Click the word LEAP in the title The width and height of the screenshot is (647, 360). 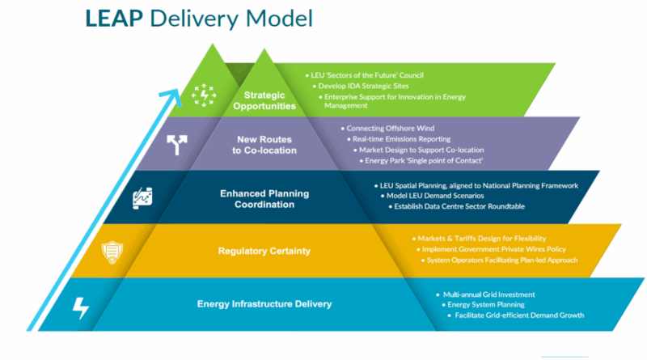click(x=117, y=17)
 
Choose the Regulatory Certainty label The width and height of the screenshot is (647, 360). click(x=264, y=251)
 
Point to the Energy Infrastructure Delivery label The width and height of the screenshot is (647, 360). click(x=264, y=304)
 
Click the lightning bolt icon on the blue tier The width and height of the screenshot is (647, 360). click(x=81, y=307)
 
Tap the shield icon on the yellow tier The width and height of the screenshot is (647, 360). click(x=111, y=252)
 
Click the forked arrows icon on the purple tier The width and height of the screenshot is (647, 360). click(x=175, y=146)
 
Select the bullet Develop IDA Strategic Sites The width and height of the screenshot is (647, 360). click(x=362, y=85)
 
